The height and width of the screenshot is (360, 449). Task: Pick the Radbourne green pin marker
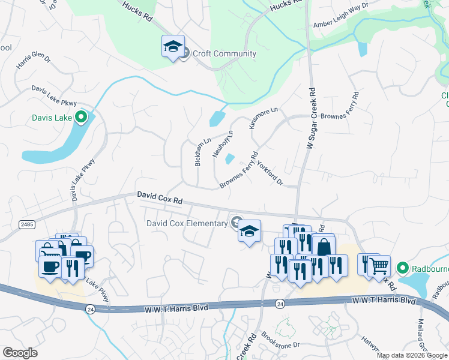point(402,268)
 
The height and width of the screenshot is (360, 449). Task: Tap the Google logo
point(20,353)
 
